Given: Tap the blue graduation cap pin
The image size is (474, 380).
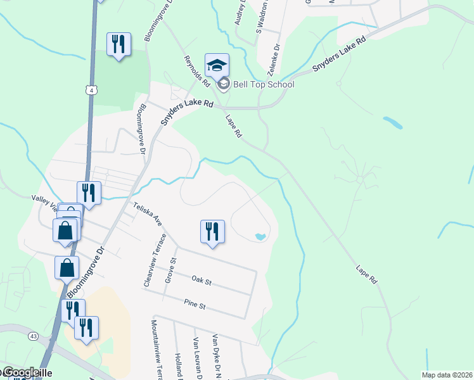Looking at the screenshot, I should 217,65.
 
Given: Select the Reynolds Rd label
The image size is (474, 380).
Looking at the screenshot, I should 196,70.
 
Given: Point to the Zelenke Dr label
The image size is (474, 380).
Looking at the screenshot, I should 277,56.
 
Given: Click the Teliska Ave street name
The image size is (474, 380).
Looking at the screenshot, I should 148,214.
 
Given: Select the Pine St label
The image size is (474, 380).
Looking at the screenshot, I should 195,306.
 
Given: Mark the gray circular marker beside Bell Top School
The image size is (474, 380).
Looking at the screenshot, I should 223,84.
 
